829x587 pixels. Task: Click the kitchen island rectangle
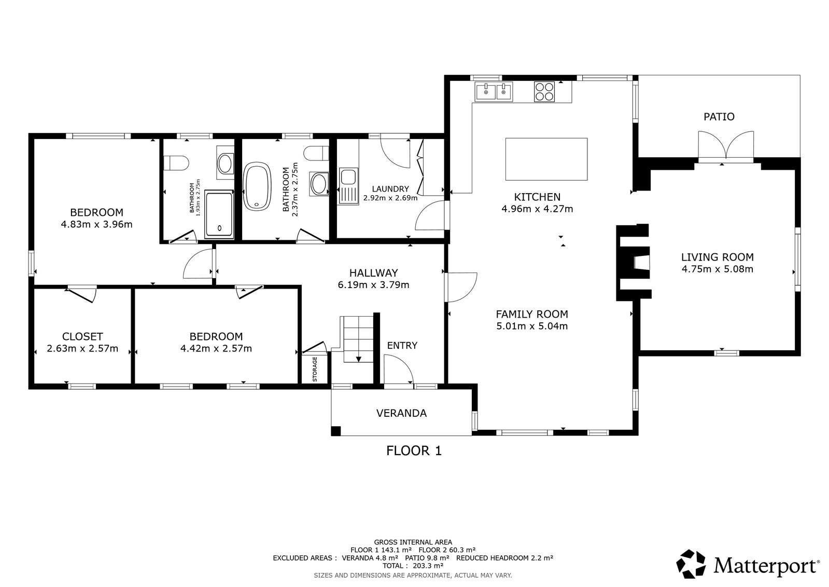tap(546, 159)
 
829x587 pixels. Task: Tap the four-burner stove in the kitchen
tap(544, 91)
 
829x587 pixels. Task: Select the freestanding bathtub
tap(257, 186)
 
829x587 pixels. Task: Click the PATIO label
tap(719, 117)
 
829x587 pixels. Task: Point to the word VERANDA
tap(401, 413)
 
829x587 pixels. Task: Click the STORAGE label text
tap(315, 369)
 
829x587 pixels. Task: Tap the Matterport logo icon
tap(691, 564)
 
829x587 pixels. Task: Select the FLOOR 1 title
tap(414, 451)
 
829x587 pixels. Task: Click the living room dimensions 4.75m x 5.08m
tap(717, 269)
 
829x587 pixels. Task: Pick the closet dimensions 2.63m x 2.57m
tap(82, 348)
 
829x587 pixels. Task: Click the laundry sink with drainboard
tap(348, 186)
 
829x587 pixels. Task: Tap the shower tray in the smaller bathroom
tap(219, 214)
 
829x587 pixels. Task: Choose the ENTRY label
tap(402, 345)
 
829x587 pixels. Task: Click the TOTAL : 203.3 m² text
tap(413, 566)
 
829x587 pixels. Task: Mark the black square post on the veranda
tap(335, 431)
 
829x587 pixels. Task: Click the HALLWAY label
tap(373, 273)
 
